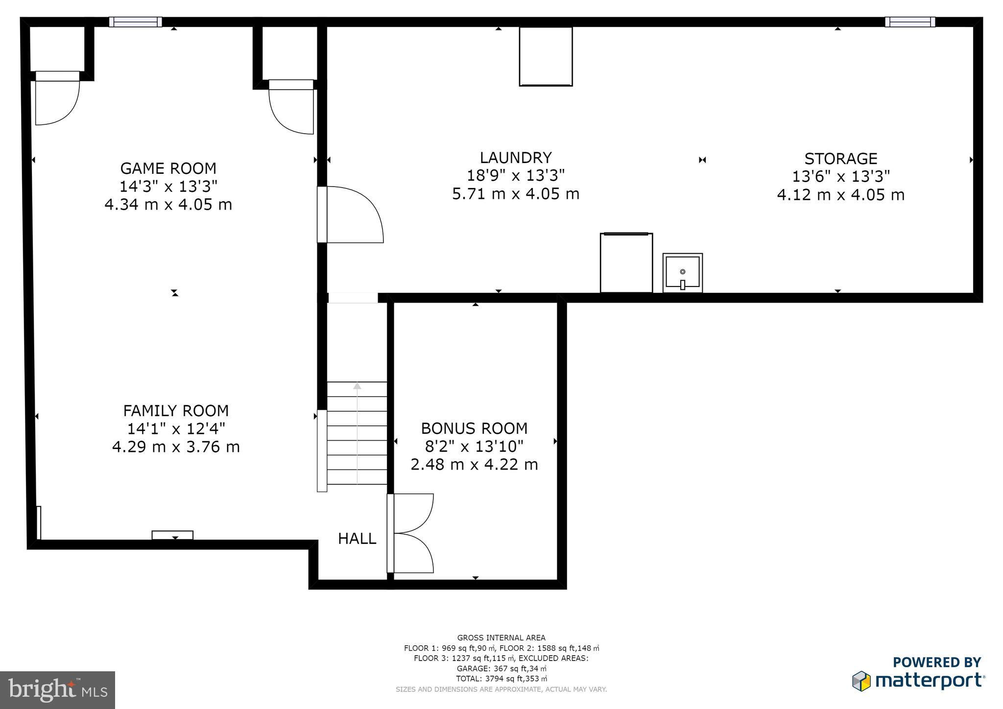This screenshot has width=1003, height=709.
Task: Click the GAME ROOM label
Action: click(x=168, y=168)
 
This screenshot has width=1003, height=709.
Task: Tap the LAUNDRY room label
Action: click(x=516, y=158)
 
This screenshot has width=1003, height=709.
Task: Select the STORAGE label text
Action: click(x=840, y=159)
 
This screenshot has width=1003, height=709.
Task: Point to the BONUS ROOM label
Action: click(x=474, y=428)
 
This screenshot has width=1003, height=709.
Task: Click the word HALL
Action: click(x=357, y=539)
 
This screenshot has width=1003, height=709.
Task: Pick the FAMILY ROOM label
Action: click(x=176, y=410)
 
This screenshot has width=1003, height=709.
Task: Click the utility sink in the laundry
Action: click(x=683, y=273)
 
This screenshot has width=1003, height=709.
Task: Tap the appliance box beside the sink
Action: click(x=626, y=263)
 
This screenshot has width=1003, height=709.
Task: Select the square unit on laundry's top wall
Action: click(x=546, y=56)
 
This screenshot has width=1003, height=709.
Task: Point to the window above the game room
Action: click(x=135, y=22)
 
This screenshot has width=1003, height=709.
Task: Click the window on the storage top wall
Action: click(x=909, y=22)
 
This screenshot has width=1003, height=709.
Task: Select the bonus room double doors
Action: click(x=411, y=533)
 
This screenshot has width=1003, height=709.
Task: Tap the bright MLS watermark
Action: click(x=57, y=690)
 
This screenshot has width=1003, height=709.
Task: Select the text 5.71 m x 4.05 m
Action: click(x=516, y=194)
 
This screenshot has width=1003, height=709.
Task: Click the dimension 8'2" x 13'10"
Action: click(x=474, y=447)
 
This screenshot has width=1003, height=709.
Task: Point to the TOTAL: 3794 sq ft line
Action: click(x=501, y=679)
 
